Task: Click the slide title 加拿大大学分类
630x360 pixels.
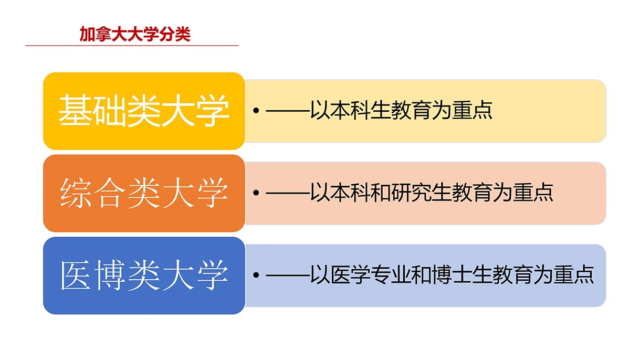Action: coord(135,34)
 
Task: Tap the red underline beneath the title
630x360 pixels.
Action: coord(132,45)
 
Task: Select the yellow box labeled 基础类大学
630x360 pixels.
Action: coord(144,111)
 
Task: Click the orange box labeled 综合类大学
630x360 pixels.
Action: coord(144,193)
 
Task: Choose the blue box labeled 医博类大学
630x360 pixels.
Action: coord(144,276)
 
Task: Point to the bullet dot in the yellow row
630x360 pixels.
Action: coord(256,110)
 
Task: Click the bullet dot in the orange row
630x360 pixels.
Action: coord(256,193)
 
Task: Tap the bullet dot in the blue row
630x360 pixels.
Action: coord(256,275)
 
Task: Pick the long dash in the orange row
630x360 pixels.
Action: coord(288,193)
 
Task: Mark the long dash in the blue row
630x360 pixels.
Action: coord(288,276)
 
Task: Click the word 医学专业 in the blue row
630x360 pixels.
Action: coord(371,274)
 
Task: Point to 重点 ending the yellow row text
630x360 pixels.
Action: coord(472,110)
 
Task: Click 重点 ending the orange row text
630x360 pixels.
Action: coord(533,193)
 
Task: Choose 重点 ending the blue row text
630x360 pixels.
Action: coord(574,274)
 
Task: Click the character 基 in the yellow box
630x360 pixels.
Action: coord(75,110)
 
